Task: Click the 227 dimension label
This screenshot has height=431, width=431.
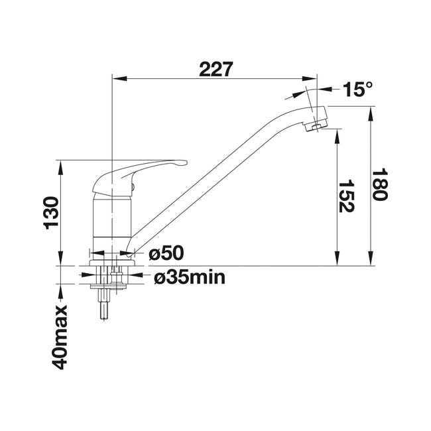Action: (216, 69)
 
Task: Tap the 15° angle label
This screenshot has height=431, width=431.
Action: (357, 89)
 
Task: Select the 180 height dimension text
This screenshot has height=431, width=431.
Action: (379, 184)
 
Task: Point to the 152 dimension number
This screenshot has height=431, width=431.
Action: (346, 196)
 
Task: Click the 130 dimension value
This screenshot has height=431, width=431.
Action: (51, 213)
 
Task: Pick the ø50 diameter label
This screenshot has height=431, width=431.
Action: (166, 253)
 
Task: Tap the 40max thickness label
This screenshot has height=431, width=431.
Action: (60, 337)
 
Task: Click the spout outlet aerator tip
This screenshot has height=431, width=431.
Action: (314, 127)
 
